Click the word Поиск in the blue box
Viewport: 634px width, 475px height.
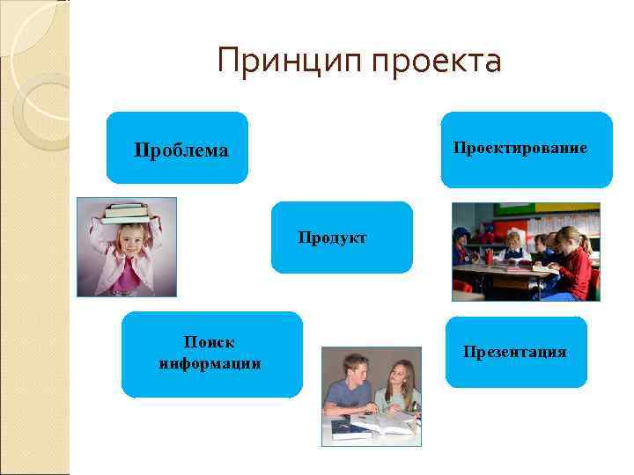210,341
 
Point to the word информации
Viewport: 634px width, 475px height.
210,362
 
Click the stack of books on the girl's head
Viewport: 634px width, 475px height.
126,211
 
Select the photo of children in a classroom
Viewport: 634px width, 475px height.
526,252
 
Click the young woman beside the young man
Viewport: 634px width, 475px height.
398,387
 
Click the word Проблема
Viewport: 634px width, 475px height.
181,150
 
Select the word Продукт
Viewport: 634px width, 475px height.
332,237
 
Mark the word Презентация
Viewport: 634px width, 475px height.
515,352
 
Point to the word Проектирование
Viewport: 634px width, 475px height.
520,147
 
